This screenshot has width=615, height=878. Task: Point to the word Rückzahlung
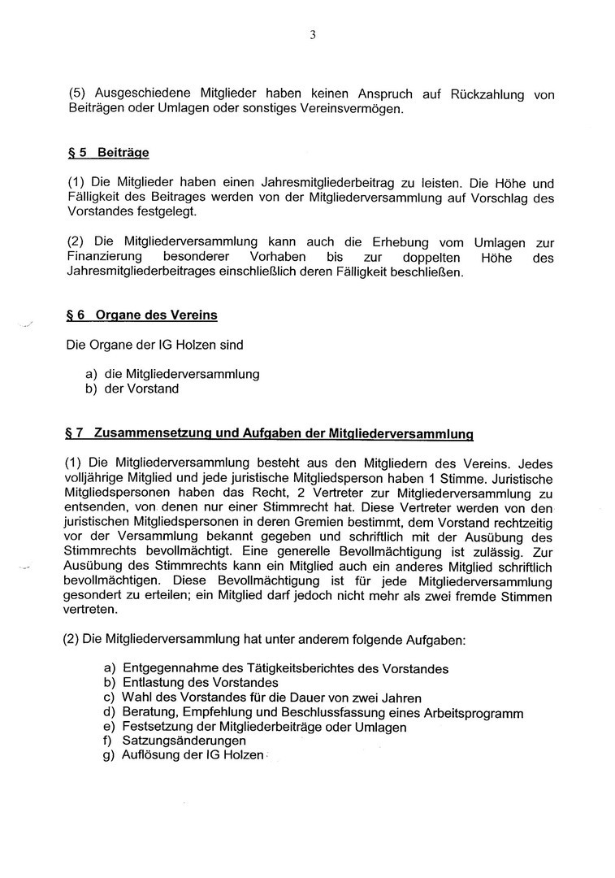[483, 94]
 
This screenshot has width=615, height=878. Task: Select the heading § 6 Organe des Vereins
[141, 315]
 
